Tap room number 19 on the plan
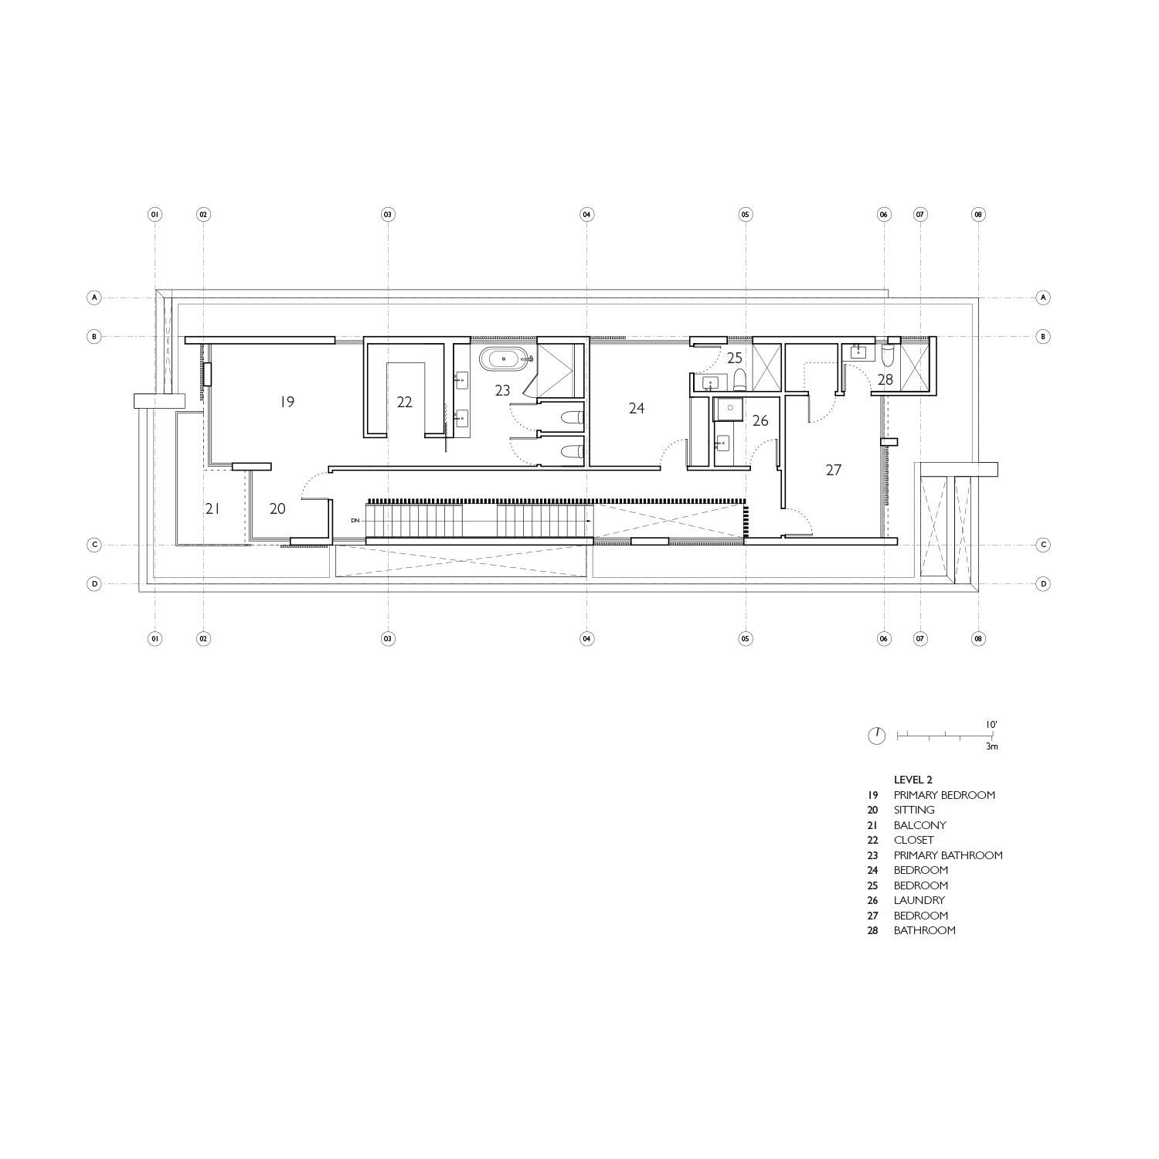287,402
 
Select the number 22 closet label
404,402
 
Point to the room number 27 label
833,470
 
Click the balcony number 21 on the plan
213,508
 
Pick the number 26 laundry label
760,421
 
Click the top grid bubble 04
586,214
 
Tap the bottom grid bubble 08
979,639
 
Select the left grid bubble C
94,545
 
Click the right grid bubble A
1043,297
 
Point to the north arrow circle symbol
877,736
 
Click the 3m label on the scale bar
992,747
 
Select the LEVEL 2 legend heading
913,780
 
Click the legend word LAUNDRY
919,900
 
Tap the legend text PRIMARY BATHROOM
948,855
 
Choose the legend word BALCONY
920,825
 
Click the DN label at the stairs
355,521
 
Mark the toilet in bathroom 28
888,354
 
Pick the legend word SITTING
914,810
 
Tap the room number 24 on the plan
636,408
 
